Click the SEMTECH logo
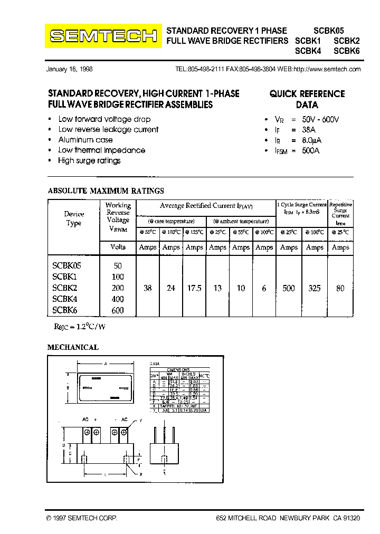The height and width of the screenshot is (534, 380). (x=103, y=36)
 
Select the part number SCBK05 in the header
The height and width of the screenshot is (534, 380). (x=328, y=31)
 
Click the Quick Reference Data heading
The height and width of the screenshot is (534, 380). (x=307, y=99)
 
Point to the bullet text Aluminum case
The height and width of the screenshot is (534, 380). (x=85, y=140)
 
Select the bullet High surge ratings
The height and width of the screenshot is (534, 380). (x=89, y=160)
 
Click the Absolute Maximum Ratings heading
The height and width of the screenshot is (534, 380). (x=106, y=191)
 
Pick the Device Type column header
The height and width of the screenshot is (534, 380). (x=74, y=218)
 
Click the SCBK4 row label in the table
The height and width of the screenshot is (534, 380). (x=65, y=299)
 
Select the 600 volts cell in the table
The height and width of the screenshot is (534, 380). (x=118, y=311)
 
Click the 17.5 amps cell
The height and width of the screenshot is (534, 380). (x=194, y=288)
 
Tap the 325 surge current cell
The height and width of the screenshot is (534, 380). (x=315, y=288)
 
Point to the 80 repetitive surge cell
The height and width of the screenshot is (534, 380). (x=340, y=288)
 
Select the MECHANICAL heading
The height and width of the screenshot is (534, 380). (x=73, y=347)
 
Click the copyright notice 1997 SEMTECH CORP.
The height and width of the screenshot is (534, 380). (x=82, y=519)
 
